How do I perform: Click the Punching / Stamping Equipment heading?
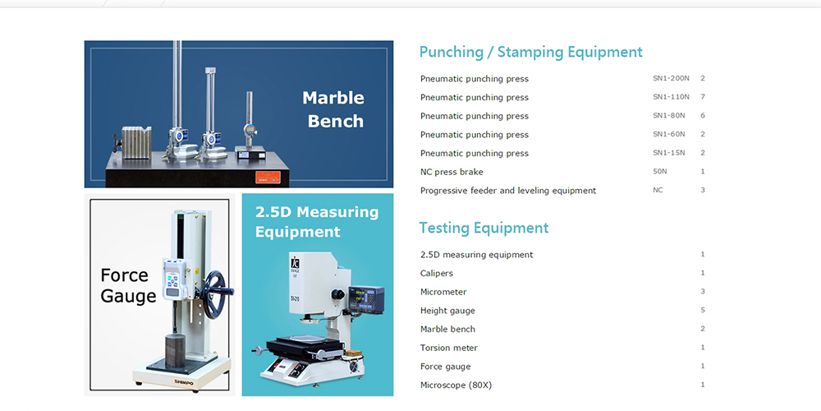coord(530,52)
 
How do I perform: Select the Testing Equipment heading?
coord(484,228)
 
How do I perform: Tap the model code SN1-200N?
coord(671,78)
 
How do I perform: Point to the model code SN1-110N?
coord(671,97)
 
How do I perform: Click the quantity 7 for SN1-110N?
coord(703,97)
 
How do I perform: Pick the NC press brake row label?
coord(452,172)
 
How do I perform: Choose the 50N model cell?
coord(660,172)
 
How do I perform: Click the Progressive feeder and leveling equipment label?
coord(508,191)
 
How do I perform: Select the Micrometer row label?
coord(443,292)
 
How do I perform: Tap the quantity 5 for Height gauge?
coord(703,311)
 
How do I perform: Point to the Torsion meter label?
coord(449,348)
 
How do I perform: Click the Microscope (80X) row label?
coord(456,386)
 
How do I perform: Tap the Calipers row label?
coord(436,274)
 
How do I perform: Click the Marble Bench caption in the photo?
coord(333,109)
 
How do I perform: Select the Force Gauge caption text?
coord(128,285)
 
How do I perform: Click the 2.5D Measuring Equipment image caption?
coord(317,221)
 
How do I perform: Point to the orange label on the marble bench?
coord(268,178)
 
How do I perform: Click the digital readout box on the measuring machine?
coord(366,300)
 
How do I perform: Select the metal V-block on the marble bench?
coord(136,142)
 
